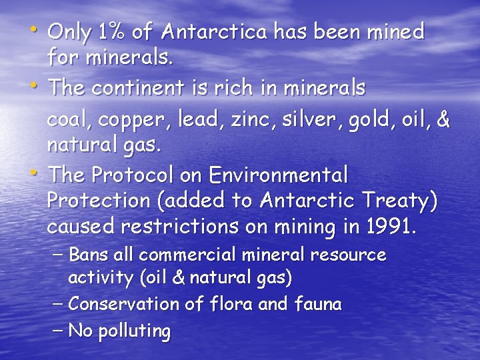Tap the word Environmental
click(278, 175)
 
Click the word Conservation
click(124, 305)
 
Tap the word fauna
click(317, 305)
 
